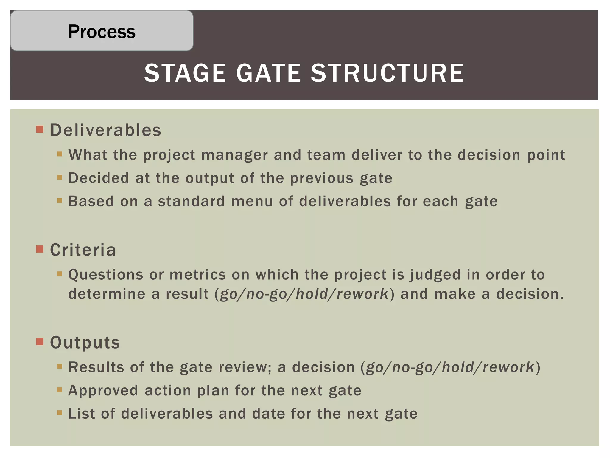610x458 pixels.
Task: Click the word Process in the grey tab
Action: pos(102,31)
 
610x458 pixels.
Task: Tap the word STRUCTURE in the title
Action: pos(387,73)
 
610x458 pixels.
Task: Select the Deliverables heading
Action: pos(105,130)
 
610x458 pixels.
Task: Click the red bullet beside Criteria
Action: pos(40,249)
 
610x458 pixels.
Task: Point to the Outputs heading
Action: pos(85,342)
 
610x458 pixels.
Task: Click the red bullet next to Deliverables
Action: pos(40,129)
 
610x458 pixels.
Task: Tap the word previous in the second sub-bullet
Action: pos(322,178)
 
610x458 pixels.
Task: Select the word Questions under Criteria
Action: pos(106,275)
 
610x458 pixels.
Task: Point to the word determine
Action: pos(107,294)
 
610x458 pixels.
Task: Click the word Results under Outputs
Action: pos(96,367)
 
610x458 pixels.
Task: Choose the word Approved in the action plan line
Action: pos(103,391)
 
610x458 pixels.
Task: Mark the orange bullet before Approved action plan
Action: pos(60,389)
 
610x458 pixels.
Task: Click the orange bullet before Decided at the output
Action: pos(60,177)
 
